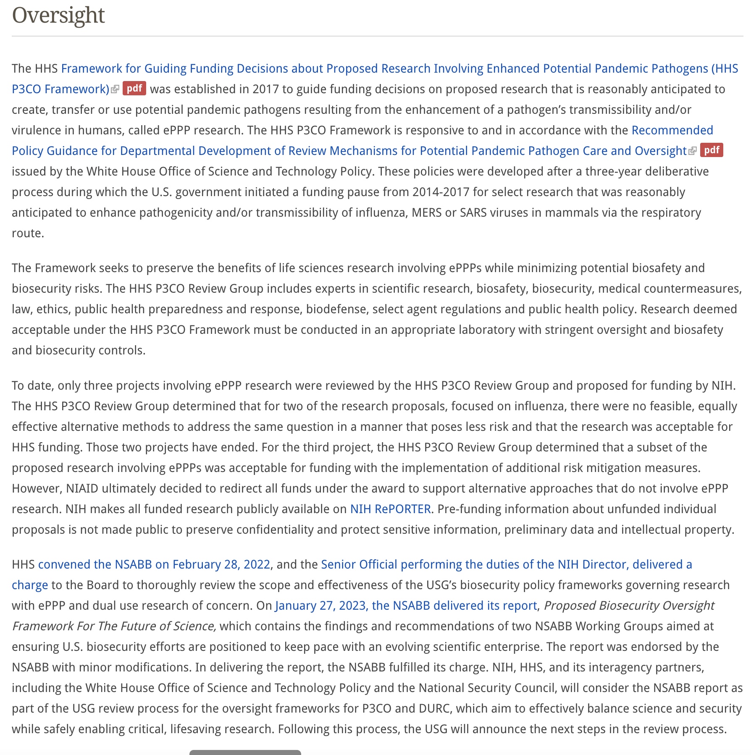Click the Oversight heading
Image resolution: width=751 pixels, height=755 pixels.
58,16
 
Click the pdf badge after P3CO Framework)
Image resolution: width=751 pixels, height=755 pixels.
134,89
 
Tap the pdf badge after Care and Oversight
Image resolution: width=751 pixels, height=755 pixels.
712,150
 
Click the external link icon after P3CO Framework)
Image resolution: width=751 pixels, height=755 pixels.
115,89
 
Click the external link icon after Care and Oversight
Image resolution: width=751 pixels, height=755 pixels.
693,151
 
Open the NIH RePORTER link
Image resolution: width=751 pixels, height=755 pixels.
390,509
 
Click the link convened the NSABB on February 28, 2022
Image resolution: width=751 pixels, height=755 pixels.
154,564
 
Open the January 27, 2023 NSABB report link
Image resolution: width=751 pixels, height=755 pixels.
406,606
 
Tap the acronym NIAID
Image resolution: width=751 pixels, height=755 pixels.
82,488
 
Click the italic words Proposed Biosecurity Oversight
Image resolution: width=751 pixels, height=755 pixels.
629,606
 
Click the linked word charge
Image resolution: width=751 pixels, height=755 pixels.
30,585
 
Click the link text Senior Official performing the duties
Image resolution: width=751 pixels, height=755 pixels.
420,564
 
